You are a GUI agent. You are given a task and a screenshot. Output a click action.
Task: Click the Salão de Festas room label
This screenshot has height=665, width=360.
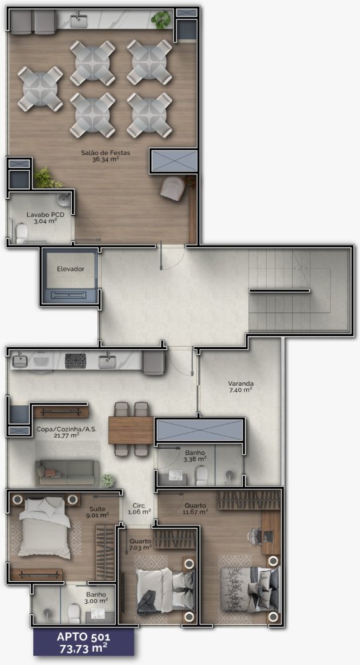tap(106, 156)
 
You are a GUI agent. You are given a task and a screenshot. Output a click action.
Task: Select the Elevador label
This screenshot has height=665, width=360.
tap(71, 269)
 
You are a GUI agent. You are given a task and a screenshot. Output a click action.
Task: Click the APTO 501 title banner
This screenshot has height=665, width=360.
tap(84, 642)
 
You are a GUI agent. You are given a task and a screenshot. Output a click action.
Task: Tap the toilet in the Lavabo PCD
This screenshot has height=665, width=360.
tap(22, 233)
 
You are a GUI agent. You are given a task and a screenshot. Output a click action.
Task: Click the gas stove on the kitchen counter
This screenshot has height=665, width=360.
tap(76, 361)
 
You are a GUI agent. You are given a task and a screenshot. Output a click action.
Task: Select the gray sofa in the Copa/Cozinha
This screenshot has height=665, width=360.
tap(68, 472)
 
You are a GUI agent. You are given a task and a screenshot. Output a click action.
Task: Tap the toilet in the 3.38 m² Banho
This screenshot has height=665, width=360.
tap(201, 476)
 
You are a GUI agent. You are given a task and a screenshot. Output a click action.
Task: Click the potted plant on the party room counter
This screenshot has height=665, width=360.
tap(161, 19)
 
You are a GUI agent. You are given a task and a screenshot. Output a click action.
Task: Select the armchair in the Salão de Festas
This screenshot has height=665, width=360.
tap(173, 188)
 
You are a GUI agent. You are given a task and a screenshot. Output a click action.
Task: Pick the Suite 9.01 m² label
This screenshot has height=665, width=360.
tap(98, 512)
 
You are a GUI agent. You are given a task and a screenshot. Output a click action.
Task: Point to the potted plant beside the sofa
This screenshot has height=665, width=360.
tap(107, 481)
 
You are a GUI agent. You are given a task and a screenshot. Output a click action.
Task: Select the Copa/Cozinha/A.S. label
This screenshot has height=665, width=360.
tap(67, 432)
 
